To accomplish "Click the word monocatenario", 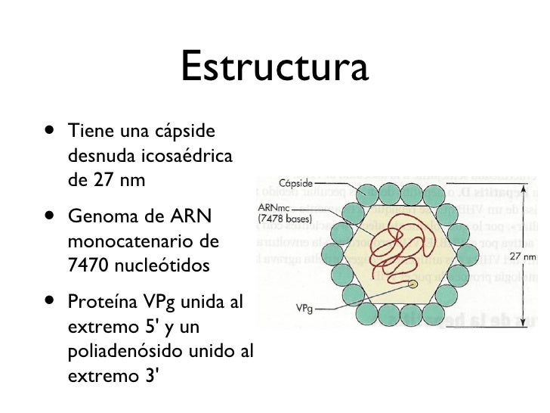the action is coord(127,244).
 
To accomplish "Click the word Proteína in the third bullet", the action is coord(98,303).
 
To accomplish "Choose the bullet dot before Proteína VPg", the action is coord(48,300).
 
